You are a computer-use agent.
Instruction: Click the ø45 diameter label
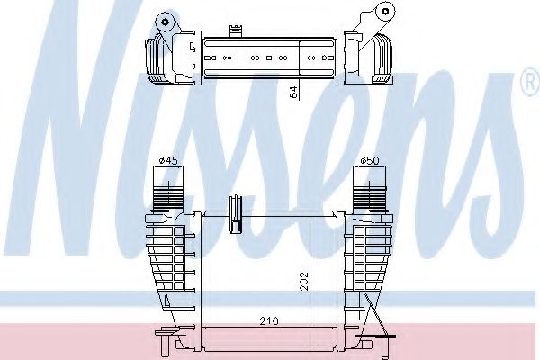click(168, 161)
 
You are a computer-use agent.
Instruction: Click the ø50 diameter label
click(370, 160)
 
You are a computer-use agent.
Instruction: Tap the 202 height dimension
click(304, 282)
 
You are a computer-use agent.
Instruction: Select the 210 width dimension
click(269, 321)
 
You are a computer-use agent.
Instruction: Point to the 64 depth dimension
click(293, 93)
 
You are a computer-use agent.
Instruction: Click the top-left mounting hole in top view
click(166, 22)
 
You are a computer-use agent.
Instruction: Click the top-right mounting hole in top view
click(385, 12)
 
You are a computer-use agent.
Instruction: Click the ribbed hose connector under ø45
click(168, 197)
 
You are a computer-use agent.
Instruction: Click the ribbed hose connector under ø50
click(370, 197)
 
